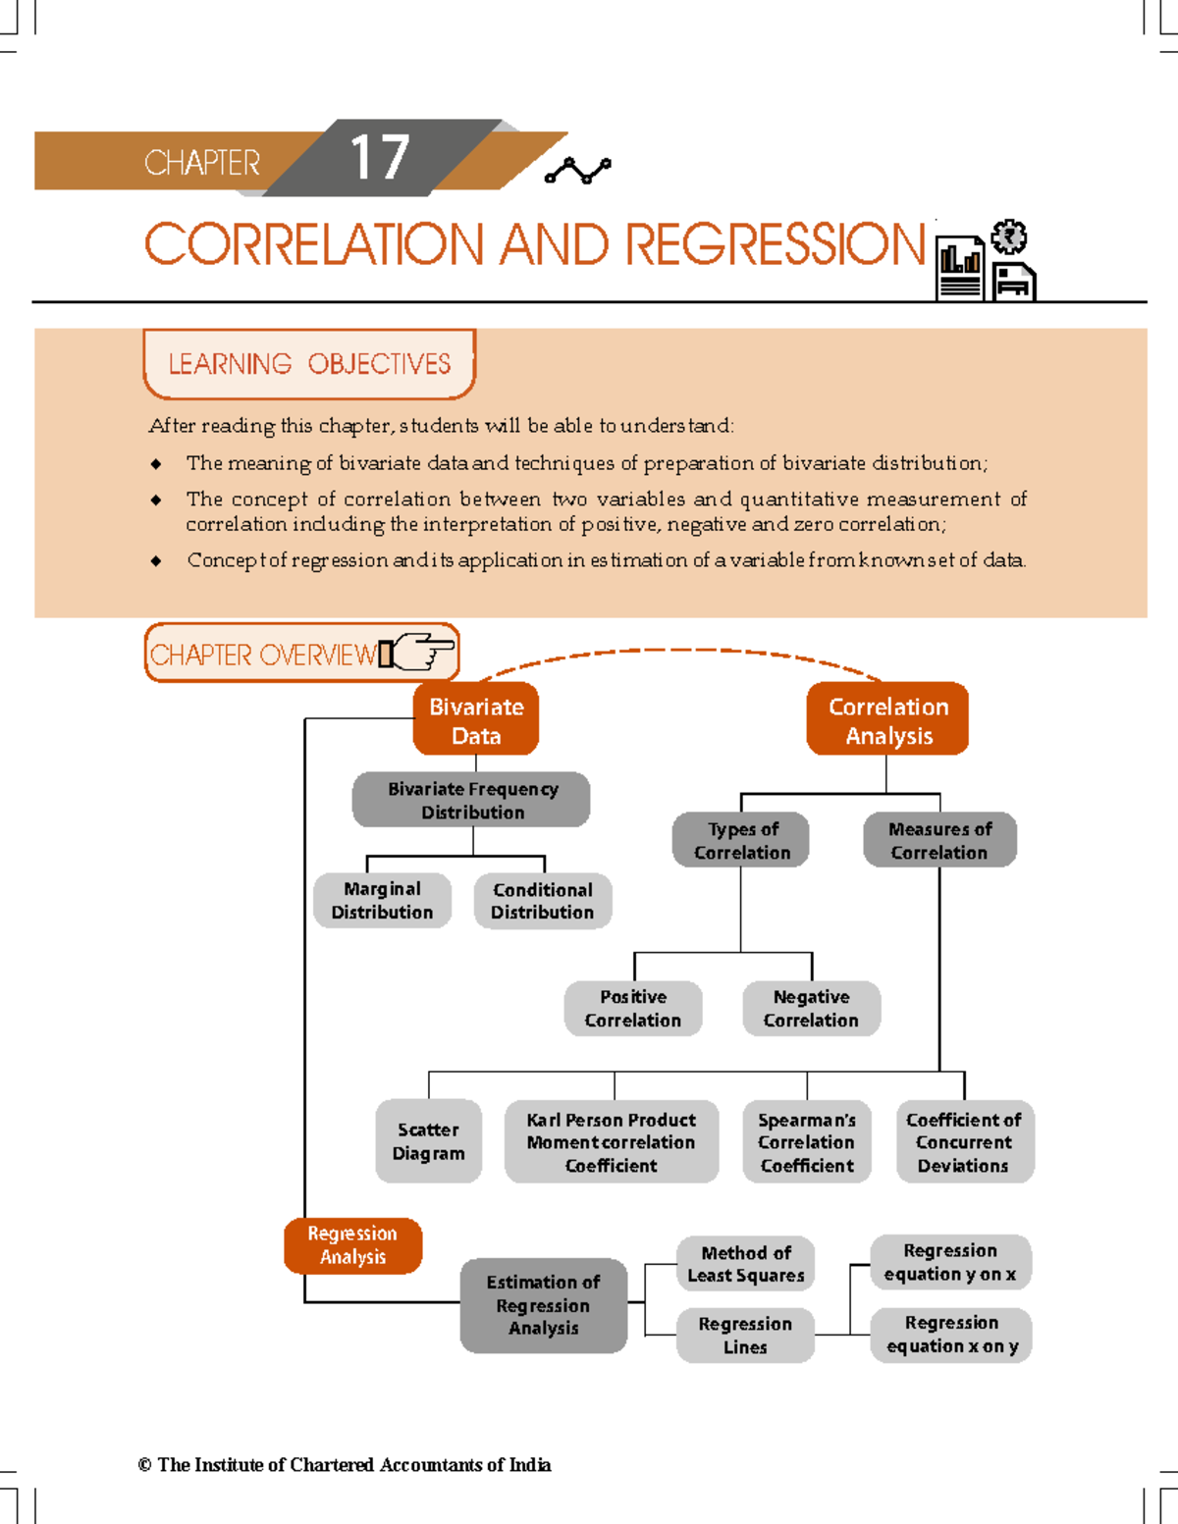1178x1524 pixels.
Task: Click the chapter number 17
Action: [x=379, y=158]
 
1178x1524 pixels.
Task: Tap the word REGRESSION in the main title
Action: [x=775, y=244]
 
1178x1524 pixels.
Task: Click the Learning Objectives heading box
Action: [x=309, y=364]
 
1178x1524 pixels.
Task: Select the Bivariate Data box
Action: [x=476, y=720]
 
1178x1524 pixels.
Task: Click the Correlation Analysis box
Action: [x=888, y=720]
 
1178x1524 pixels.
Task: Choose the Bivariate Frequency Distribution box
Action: [x=472, y=800]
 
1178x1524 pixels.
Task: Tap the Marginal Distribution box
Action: [x=382, y=900]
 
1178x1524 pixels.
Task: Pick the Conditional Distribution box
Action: [x=542, y=901]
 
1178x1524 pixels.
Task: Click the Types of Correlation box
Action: [x=741, y=840]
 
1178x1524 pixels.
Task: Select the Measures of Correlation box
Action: [x=939, y=840]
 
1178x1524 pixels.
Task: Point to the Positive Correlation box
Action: [x=633, y=1008]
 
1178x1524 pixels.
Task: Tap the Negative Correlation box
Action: [x=811, y=1008]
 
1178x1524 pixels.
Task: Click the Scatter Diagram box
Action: [x=429, y=1141]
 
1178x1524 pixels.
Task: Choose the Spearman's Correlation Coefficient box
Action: [x=807, y=1141]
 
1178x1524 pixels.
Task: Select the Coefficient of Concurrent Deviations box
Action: [x=964, y=1141]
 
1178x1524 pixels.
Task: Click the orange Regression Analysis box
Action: [x=353, y=1245]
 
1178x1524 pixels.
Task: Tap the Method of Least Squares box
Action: [x=746, y=1264]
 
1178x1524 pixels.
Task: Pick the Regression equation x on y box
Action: [x=951, y=1335]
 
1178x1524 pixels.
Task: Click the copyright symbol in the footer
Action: [x=144, y=1465]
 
